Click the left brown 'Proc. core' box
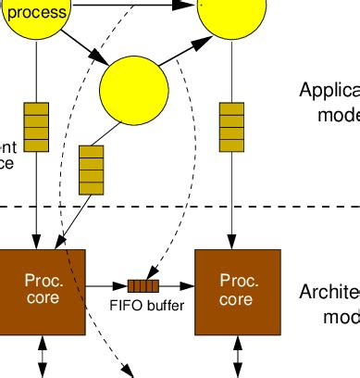tap(43, 290)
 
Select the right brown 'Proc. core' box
tap(236, 290)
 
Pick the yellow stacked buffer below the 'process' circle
tap(35, 126)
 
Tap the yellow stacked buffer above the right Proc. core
tap(231, 126)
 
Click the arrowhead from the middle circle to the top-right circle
tap(198, 45)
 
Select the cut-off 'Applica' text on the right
tap(329, 91)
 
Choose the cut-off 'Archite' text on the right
tap(329, 293)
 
